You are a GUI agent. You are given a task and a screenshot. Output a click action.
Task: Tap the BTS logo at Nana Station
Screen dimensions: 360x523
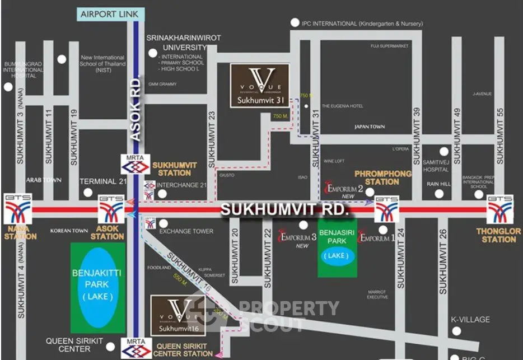click(x=17, y=209)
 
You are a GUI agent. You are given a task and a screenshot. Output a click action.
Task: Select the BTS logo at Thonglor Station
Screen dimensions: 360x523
click(x=499, y=209)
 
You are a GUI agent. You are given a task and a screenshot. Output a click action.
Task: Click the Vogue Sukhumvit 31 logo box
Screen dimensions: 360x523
click(x=260, y=85)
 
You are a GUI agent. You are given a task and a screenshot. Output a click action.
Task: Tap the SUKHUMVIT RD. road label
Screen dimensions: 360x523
click(x=284, y=210)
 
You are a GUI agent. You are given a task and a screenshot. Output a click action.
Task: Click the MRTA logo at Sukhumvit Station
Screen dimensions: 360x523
click(x=136, y=166)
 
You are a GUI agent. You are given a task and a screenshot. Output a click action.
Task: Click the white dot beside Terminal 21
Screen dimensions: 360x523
click(x=88, y=193)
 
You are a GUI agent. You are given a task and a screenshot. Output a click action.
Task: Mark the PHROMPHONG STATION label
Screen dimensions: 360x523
click(x=382, y=177)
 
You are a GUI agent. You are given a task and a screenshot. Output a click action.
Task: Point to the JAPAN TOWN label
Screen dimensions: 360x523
click(x=370, y=127)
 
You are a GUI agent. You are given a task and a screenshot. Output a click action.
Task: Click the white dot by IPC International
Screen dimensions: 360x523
click(x=295, y=23)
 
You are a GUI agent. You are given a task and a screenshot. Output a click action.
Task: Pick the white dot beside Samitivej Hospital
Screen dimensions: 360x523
click(x=444, y=151)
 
